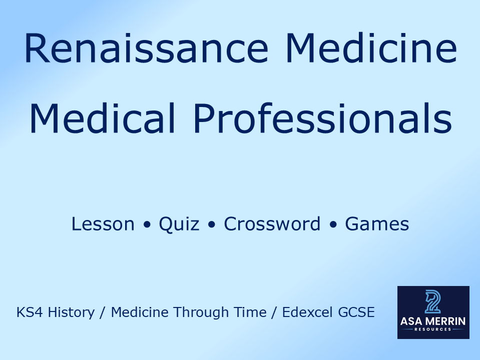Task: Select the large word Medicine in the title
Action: pos(371,48)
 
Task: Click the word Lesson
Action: pos(103,224)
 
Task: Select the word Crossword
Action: pos(272,224)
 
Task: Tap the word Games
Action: pos(377,224)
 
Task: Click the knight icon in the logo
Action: pos(433,302)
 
